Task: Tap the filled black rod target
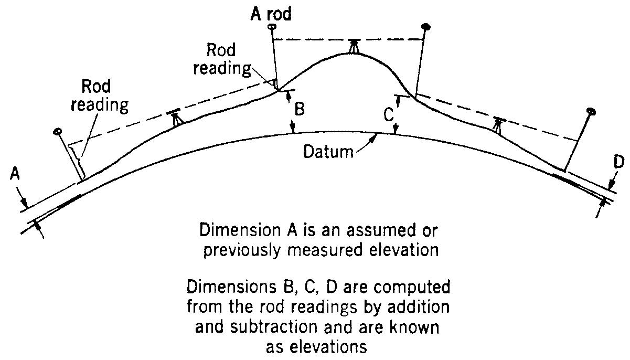click(426, 26)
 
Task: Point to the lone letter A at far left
click(14, 174)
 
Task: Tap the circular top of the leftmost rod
click(57, 131)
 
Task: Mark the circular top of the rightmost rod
click(591, 112)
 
